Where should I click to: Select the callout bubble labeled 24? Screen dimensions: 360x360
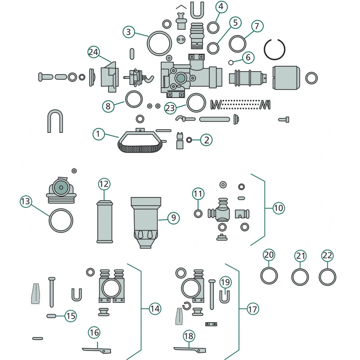tap(94, 52)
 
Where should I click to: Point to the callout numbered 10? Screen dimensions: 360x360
tap(279, 208)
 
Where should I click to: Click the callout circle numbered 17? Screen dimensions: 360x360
tap(253, 309)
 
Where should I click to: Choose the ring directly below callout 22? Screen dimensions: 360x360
tap(327, 276)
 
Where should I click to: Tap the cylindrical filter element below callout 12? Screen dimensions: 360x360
tap(104, 222)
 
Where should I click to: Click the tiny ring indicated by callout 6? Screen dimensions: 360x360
tap(230, 62)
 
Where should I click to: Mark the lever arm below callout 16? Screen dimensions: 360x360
tap(97, 349)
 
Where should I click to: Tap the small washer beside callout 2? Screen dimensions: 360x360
tap(189, 140)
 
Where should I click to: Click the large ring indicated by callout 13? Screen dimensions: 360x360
tap(61, 220)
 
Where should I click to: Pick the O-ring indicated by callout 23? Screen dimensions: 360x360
tap(196, 103)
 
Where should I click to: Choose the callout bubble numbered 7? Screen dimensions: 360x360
tap(256, 26)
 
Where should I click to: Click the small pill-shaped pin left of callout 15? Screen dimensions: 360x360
tap(52, 316)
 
